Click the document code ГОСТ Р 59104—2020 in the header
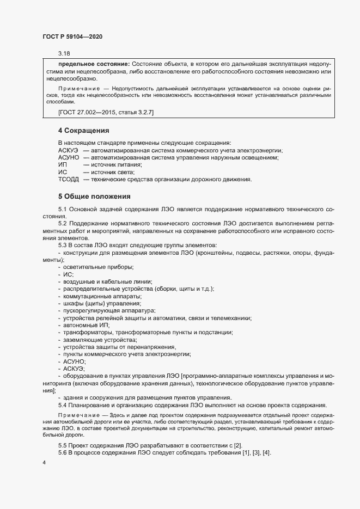pyautogui.click(x=72, y=36)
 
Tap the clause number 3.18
pyautogui.click(x=64, y=53)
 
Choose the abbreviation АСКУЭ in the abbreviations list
pyautogui.click(x=69, y=150)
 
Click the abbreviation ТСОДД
pyautogui.click(x=69, y=179)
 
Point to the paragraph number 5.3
pyautogui.click(x=63, y=245)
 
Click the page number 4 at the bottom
pyautogui.click(x=44, y=463)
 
